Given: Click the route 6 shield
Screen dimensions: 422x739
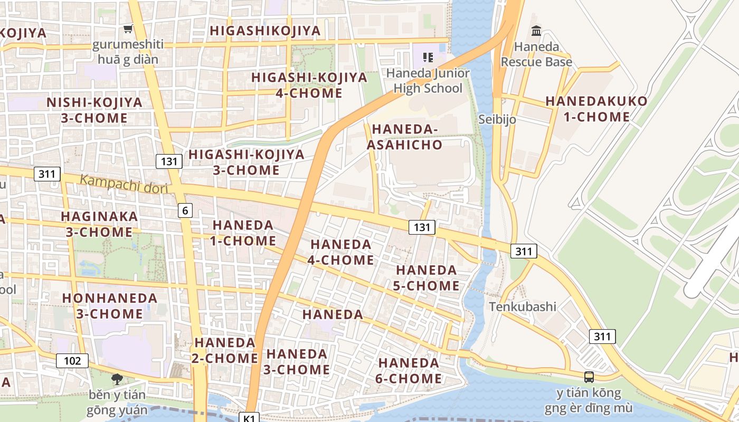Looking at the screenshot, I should click(x=185, y=210).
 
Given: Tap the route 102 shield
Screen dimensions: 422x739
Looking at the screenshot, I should click(x=72, y=361).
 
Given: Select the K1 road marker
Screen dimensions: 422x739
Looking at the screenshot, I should click(x=249, y=418).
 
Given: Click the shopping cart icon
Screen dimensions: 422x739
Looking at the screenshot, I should click(x=128, y=28).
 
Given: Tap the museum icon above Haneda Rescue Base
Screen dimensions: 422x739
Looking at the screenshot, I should click(x=536, y=31).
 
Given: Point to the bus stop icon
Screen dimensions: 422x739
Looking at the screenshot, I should click(x=589, y=377).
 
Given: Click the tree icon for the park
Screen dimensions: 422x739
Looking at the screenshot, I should click(x=117, y=378).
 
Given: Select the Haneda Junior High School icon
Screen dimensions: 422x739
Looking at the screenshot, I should click(x=428, y=57).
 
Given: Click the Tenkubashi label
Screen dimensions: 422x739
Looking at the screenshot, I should click(x=523, y=306).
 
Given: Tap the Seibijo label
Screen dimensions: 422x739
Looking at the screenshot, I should click(x=497, y=119).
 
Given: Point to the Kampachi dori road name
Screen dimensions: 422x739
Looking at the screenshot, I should click(x=124, y=185).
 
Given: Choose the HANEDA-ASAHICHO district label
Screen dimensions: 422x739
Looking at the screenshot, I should click(x=405, y=137).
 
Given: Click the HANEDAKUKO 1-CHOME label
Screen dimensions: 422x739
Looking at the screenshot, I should click(x=596, y=109).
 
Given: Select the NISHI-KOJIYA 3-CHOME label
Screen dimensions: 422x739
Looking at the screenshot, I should click(x=94, y=110).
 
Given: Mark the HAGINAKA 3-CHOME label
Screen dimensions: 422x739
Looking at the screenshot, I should click(x=99, y=224).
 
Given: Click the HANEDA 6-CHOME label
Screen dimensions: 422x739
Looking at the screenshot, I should click(x=409, y=371).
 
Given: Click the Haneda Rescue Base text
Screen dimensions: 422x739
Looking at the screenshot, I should click(x=536, y=54).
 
